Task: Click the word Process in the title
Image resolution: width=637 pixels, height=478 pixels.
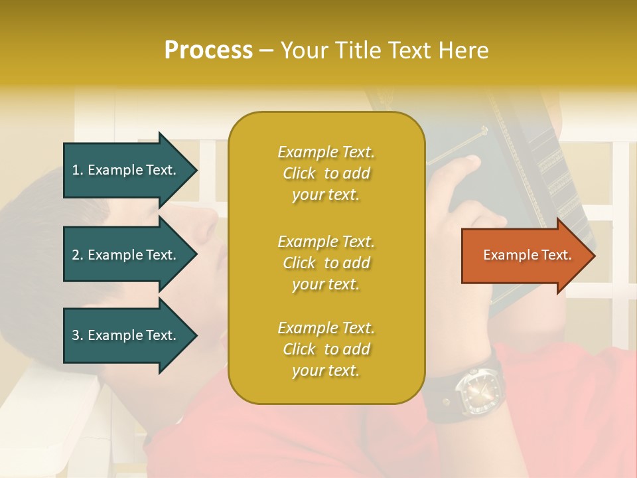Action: (x=208, y=50)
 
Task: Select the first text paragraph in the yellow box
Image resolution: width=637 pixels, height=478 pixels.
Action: (x=326, y=173)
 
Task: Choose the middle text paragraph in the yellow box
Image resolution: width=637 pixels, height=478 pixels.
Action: (x=326, y=263)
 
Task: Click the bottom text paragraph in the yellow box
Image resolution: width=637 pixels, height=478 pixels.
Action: (x=326, y=349)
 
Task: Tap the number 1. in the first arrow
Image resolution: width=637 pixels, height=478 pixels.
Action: (x=78, y=170)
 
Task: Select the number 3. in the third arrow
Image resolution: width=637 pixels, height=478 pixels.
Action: (x=78, y=335)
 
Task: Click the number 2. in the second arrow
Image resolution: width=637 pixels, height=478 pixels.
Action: (x=78, y=255)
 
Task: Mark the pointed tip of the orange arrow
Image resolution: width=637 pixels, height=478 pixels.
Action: (x=593, y=256)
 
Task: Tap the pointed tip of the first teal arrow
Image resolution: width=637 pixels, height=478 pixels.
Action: (x=196, y=170)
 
